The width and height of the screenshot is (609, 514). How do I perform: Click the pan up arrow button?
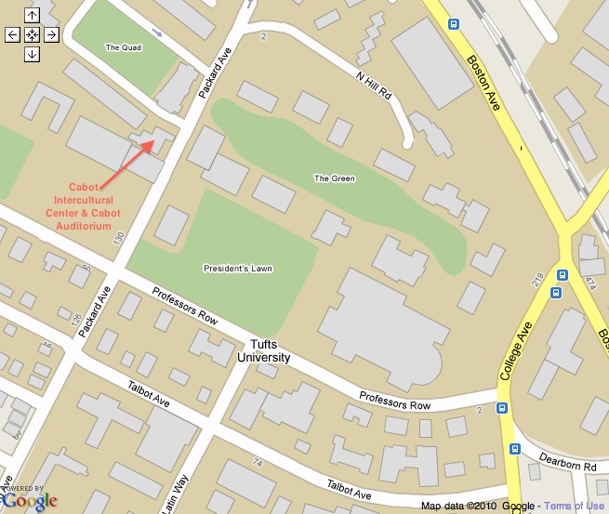click(32, 15)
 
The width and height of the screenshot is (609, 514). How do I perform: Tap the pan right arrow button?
click(51, 34)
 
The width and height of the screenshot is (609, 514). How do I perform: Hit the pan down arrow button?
click(32, 54)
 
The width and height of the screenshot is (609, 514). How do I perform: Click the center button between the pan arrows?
click(32, 34)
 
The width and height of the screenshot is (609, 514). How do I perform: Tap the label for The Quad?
click(123, 47)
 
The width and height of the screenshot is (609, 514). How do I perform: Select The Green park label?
click(332, 178)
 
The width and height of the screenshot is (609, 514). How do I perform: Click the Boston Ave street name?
click(483, 84)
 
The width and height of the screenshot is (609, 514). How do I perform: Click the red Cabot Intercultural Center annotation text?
click(95, 205)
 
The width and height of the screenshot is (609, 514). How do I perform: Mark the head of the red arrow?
click(153, 144)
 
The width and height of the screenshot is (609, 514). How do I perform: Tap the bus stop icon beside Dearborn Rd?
click(515, 449)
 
